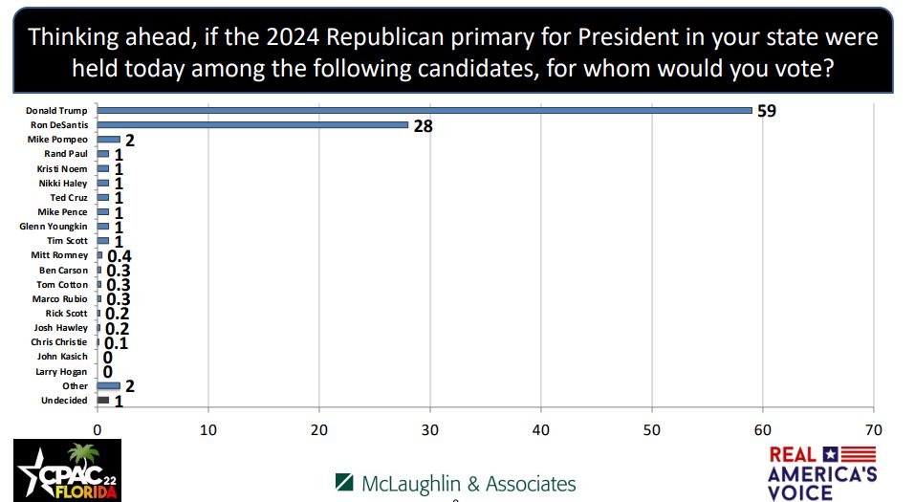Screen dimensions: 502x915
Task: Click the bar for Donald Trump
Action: tap(425, 110)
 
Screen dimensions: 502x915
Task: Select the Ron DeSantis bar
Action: tap(252, 124)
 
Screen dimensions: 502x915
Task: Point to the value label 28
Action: tap(423, 125)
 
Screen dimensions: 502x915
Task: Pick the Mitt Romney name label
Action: tap(59, 255)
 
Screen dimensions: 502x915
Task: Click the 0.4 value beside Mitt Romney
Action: tap(119, 256)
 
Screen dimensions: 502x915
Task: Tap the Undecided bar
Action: tap(103, 401)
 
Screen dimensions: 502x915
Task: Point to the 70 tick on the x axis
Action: tap(873, 429)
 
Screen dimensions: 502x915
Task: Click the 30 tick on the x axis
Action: tap(430, 429)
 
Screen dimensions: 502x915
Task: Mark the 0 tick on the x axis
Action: tap(98, 429)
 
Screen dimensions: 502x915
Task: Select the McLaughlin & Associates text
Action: tap(455, 484)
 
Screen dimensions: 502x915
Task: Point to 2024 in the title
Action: tap(293, 37)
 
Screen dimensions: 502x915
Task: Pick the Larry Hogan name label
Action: tap(61, 371)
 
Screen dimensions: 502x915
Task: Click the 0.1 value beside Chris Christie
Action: tap(116, 343)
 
